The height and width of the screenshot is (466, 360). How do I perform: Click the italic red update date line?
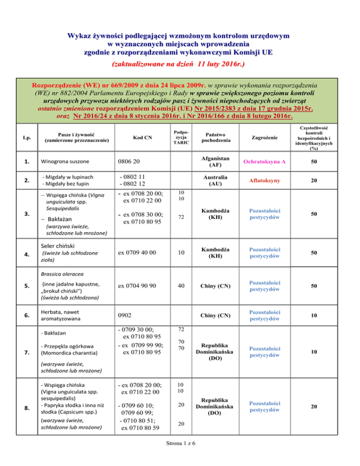coord(180,63)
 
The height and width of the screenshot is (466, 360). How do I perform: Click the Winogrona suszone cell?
coord(64,162)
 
